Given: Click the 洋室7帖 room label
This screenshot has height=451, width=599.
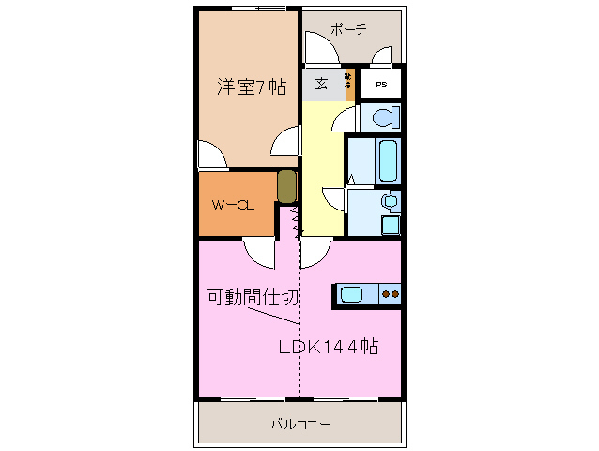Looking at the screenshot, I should coord(252,87).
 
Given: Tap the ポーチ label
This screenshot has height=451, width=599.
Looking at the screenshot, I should coord(347,29).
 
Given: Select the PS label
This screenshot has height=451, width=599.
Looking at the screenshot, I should coord(381,85).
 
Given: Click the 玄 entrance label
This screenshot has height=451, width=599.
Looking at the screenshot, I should coord(321,84).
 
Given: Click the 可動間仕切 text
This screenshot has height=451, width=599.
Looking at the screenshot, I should coord(253,298).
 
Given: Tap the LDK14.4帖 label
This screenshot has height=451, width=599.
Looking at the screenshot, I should coord(328,347).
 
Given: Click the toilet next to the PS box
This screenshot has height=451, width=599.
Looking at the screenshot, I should coord(383,117).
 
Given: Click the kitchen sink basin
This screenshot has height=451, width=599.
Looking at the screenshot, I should coord(351,295).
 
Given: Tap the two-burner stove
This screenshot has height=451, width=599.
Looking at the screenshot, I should coord(390,295).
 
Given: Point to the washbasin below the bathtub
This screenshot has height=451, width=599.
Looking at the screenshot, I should coord(389,201).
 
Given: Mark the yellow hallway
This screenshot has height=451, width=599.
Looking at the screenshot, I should coord(320,169).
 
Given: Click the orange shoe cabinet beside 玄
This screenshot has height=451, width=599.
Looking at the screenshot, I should coord(349,86).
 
